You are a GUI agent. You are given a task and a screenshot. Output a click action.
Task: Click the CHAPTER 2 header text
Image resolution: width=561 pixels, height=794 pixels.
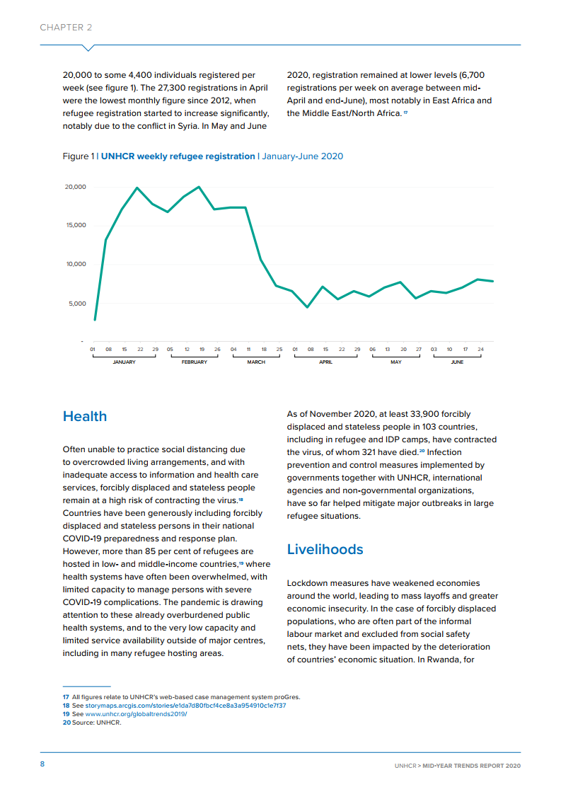(66, 28)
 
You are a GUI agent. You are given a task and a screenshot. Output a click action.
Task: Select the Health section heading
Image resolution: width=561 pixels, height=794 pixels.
(85, 416)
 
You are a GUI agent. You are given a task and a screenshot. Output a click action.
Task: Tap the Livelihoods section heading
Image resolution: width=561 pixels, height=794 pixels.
(325, 549)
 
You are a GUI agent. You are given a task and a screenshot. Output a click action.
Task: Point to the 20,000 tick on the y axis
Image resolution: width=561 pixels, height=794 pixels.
(75, 187)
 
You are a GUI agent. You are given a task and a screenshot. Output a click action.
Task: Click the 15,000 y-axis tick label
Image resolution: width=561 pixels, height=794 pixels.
(75, 225)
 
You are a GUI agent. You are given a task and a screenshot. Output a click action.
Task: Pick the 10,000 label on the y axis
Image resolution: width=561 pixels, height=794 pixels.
(75, 264)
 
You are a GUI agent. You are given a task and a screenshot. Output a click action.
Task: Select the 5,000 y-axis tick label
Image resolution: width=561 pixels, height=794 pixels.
(76, 304)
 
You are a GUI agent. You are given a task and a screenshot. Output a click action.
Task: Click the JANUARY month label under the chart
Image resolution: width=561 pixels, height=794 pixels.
(124, 362)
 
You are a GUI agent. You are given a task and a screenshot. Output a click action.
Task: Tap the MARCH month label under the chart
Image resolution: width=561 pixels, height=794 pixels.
(256, 362)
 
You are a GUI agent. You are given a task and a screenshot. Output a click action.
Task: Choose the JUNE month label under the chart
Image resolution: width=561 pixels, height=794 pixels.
(457, 362)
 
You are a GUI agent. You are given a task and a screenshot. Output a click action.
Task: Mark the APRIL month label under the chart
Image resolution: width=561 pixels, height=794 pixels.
(325, 362)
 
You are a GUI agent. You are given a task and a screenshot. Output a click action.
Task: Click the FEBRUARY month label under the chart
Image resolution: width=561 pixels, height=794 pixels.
(194, 362)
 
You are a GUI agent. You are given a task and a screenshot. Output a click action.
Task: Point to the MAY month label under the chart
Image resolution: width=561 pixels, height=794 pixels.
(395, 362)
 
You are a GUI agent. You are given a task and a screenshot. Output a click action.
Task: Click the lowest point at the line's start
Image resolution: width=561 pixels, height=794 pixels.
(95, 319)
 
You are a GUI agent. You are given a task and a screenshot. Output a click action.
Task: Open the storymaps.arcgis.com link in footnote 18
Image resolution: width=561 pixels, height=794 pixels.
(186, 706)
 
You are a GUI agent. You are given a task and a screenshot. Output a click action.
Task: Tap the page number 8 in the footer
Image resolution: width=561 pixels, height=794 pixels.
(42, 764)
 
